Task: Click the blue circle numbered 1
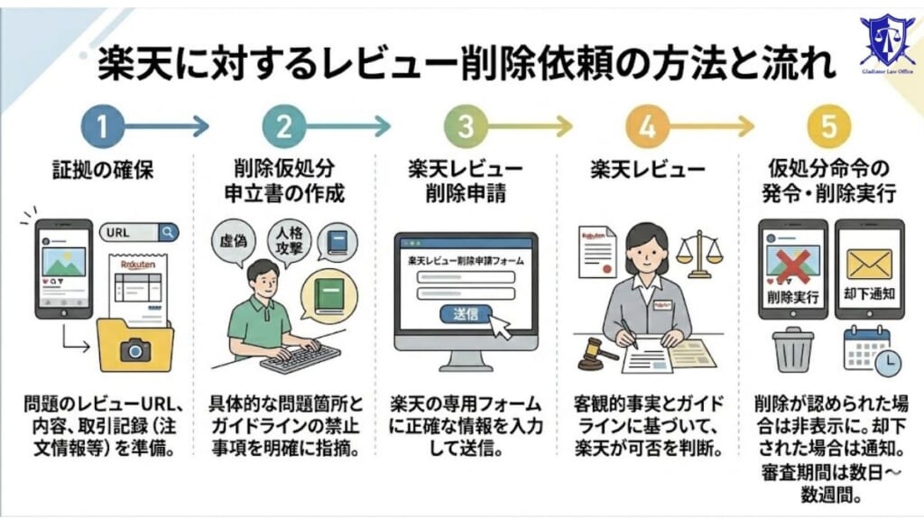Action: pyautogui.click(x=101, y=127)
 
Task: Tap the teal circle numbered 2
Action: pyautogui.click(x=283, y=127)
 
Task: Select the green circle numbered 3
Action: pyautogui.click(x=466, y=127)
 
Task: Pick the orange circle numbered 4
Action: pyautogui.click(x=647, y=127)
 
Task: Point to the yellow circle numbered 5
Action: pyautogui.click(x=828, y=127)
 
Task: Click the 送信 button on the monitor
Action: pyautogui.click(x=466, y=313)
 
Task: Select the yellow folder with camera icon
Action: pyautogui.click(x=134, y=346)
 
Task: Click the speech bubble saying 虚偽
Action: pyautogui.click(x=236, y=242)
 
